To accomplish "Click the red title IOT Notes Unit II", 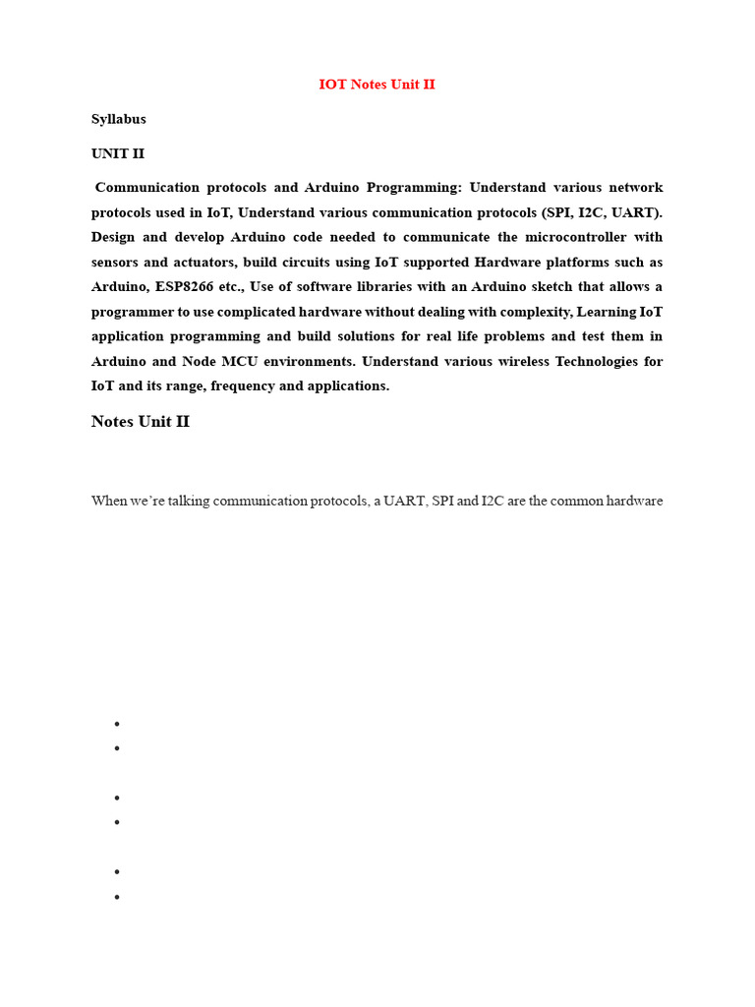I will [x=377, y=85].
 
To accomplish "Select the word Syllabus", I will [x=119, y=119].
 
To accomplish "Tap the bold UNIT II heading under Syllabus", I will [x=118, y=153].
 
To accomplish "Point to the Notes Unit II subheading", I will [x=141, y=421].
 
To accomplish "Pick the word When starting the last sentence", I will [x=109, y=501].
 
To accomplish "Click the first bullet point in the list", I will [x=117, y=724].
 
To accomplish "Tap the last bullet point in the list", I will [x=117, y=897].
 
